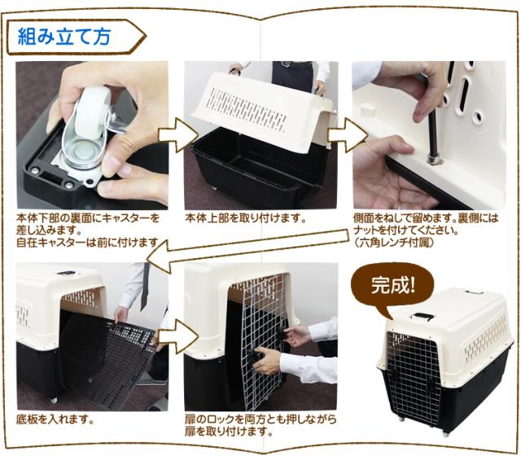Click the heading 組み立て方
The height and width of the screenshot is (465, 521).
click(64, 36)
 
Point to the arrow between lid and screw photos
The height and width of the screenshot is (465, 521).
click(348, 134)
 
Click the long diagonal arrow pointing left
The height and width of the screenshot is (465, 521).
click(247, 246)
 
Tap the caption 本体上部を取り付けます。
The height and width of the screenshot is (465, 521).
click(245, 219)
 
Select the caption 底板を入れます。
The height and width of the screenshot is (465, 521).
click(55, 419)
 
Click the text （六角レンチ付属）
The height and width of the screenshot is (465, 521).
click(394, 243)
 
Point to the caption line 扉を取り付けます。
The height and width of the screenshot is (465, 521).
click(230, 432)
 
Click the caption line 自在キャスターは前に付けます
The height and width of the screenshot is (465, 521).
click(87, 243)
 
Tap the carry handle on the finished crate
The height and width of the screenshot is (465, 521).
click(422, 316)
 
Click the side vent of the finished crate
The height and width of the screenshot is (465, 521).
click(486, 340)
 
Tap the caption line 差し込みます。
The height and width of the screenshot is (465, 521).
click(49, 230)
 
